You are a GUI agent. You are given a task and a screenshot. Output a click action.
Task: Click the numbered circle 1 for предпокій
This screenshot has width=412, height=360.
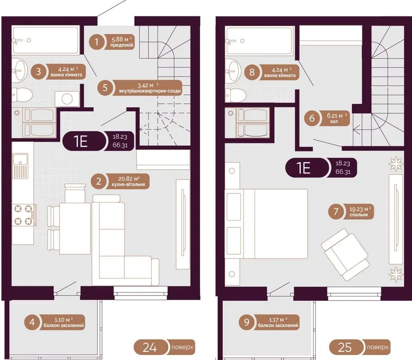click(97, 42)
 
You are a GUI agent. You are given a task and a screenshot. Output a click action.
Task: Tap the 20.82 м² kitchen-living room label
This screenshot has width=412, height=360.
click(129, 182)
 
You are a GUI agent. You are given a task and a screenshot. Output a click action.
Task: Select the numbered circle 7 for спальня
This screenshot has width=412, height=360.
click(336, 212)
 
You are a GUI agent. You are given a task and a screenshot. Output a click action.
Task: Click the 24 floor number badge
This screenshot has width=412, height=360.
click(150, 347)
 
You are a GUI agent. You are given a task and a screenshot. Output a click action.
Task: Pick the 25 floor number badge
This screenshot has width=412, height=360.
click(345, 347)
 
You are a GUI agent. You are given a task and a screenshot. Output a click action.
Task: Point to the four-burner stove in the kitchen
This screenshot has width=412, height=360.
click(24, 215)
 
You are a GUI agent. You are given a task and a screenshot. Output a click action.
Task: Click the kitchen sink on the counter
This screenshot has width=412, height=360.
click(20, 166)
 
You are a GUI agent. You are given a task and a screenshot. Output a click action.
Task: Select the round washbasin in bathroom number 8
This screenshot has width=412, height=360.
click(233, 71)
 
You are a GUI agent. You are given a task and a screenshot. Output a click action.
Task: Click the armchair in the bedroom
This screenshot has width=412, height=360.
click(345, 255)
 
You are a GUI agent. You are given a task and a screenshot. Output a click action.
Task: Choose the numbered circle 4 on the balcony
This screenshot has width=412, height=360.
click(32, 322)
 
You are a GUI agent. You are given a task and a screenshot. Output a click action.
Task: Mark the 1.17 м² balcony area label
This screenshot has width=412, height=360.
click(278, 322)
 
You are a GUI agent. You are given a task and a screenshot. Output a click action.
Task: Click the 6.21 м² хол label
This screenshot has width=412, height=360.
click(334, 118)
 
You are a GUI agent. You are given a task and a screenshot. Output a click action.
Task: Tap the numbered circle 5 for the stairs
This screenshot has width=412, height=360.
click(105, 87)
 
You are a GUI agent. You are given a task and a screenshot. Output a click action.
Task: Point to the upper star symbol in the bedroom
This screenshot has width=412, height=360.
click(396, 164)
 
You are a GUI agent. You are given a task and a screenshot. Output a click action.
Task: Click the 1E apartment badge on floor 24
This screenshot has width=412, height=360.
click(83, 141)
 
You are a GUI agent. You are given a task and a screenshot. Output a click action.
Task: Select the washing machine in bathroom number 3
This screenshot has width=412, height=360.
click(67, 99)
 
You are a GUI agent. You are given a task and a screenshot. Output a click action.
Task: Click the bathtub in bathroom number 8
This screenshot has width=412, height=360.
click(260, 41)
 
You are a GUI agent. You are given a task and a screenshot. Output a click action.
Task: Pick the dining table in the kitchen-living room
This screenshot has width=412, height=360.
click(75, 228)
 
